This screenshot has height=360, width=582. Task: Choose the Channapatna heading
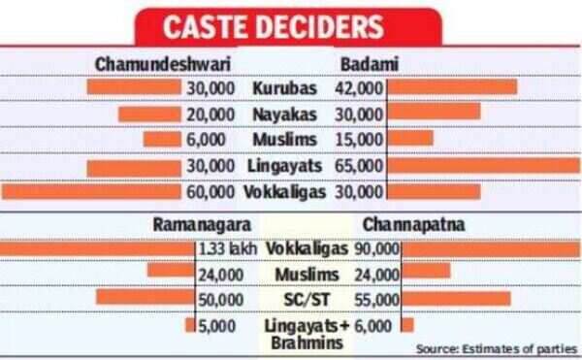[x=412, y=224]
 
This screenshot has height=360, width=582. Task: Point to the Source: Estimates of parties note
[x=496, y=347]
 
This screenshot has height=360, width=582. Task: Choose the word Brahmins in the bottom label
[x=304, y=344]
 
